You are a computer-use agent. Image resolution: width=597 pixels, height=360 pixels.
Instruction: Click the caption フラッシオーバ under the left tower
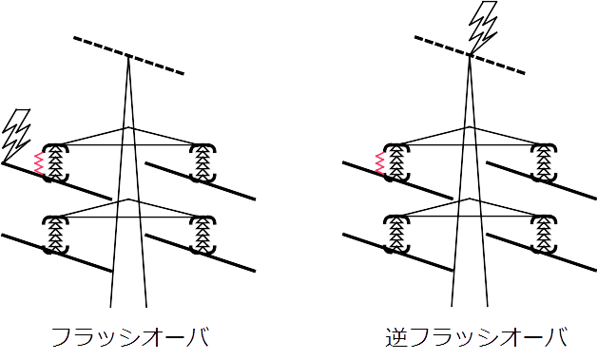coord(130,336)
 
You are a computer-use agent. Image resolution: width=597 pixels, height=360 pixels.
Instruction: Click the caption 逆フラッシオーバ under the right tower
coord(476,336)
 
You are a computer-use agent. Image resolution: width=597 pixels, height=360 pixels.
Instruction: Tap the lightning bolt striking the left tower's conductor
coord(16,136)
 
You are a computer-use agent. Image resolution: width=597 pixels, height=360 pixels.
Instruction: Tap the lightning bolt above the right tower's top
coord(484,28)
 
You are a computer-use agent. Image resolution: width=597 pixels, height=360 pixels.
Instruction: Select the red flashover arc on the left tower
coord(39,163)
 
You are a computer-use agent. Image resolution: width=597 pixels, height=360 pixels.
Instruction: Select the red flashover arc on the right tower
coord(380,163)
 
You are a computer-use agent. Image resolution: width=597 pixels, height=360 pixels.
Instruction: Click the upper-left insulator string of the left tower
coord(56,162)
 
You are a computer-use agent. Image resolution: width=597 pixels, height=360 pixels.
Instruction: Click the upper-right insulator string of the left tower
coord(203,162)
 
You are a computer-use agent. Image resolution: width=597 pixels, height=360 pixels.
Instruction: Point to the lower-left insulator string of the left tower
coord(56,235)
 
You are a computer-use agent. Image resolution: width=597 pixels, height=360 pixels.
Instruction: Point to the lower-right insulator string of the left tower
coord(203,235)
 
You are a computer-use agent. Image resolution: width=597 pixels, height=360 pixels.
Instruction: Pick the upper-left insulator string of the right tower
coord(397,162)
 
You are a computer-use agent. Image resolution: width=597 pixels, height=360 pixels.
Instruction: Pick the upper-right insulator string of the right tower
coord(545,162)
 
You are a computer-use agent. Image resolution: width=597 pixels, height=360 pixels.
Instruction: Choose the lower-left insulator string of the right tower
coord(397,235)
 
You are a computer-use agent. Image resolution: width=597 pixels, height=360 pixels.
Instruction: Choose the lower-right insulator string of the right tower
coord(545,235)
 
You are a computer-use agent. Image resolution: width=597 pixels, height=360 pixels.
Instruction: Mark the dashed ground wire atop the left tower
coord(128,55)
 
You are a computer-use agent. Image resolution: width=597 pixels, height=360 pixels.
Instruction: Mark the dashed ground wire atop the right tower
coord(470,55)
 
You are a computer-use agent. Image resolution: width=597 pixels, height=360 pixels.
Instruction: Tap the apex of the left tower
coord(128,56)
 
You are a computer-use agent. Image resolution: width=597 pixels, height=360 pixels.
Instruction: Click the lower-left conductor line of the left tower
coord(56,253)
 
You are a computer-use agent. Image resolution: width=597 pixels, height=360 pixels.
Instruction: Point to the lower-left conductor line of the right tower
coord(397,253)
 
